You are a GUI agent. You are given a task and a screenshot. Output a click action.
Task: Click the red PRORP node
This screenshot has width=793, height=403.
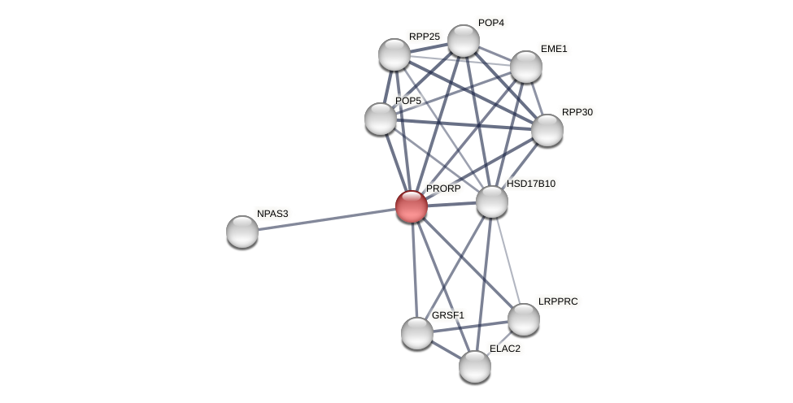412,206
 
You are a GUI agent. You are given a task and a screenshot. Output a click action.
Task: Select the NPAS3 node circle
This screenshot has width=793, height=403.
242,232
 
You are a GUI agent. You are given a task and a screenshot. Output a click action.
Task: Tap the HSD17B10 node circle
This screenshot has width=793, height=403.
492,201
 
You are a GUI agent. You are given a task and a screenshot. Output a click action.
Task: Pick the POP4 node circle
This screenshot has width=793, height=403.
464,41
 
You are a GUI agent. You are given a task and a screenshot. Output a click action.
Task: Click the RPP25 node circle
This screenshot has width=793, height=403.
394,54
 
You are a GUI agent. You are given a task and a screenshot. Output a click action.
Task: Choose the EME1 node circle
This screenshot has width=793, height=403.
526,67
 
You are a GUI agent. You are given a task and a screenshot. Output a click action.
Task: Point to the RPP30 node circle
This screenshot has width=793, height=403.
547,130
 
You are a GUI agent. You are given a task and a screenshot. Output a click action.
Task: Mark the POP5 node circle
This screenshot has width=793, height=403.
381,119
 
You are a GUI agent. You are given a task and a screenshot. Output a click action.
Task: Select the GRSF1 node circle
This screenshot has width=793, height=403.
417,333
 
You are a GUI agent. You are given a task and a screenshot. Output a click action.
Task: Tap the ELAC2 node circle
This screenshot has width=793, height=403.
475,366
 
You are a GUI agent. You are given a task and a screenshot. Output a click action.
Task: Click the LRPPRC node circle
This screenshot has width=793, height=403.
524,319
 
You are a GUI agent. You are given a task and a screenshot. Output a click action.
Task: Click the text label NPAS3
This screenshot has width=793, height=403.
272,214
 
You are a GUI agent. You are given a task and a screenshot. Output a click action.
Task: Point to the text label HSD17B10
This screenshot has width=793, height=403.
531,184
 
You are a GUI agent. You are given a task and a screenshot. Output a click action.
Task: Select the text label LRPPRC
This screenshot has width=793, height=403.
558,301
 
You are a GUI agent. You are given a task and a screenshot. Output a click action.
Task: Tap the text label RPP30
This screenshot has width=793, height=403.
577,112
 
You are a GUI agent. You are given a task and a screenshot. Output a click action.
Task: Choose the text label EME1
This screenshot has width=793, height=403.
554,49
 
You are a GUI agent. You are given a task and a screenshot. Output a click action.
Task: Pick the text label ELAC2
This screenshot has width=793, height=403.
505,349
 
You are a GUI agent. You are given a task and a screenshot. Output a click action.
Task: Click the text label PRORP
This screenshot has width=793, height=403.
443,188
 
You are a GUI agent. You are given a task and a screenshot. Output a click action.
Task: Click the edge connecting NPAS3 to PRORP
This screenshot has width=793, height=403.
325,219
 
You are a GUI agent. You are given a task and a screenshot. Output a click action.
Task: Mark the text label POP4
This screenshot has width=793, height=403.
491,23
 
